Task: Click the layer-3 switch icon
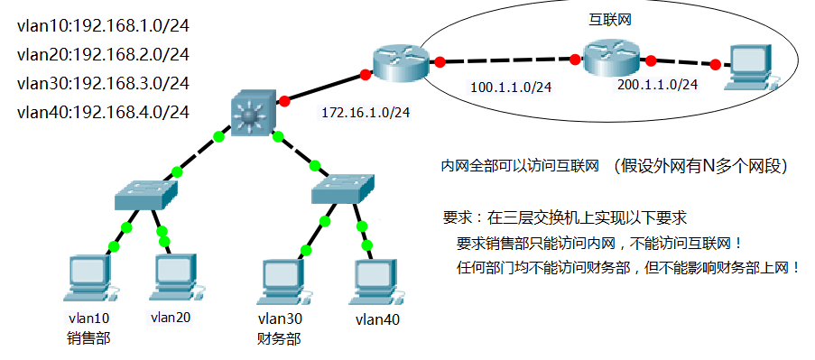(x=252, y=113)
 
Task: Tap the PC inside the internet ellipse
(x=753, y=69)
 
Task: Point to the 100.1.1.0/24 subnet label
(x=512, y=88)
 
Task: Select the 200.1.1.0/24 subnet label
(x=657, y=85)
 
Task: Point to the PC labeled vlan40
(x=372, y=281)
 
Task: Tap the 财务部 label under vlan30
(x=280, y=339)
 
